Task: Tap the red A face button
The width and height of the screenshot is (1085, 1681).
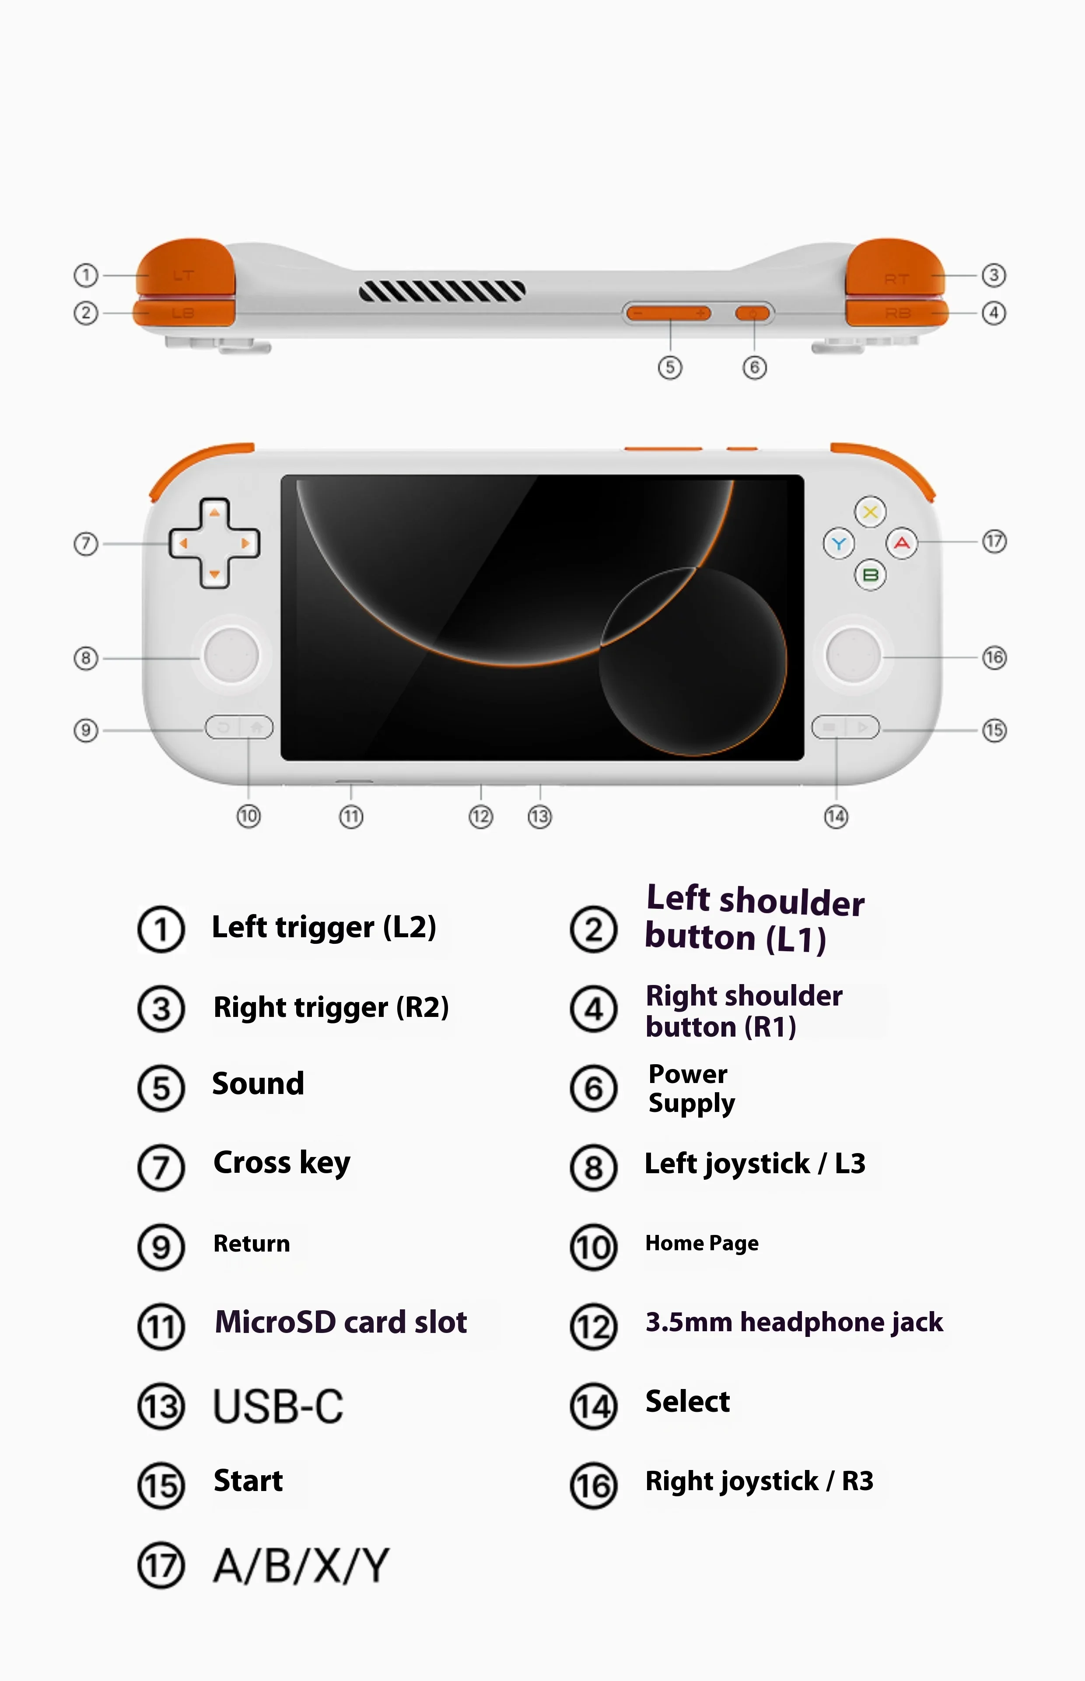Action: point(902,543)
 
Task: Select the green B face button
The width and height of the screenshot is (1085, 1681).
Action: point(870,575)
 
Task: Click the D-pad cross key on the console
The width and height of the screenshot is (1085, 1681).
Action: point(214,543)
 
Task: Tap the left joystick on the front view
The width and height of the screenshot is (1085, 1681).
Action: point(231,655)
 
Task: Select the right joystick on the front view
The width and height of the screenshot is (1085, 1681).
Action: point(853,655)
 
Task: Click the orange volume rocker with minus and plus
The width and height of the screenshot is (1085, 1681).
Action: point(668,313)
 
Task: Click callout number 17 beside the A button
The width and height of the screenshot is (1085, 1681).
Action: point(994,542)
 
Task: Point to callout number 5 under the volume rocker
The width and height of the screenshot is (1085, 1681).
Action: point(670,367)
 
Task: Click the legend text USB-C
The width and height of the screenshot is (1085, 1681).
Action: point(278,1406)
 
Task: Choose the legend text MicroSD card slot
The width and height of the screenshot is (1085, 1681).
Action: point(341,1322)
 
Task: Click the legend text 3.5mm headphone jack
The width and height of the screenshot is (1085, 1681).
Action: point(794,1322)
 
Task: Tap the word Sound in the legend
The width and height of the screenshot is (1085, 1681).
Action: point(258,1084)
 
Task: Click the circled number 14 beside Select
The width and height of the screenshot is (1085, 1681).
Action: point(593,1406)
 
